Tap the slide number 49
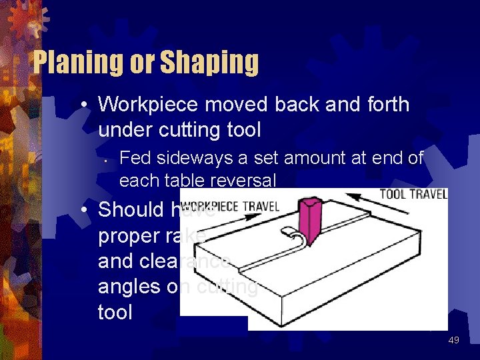(453, 340)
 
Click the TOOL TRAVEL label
(413, 194)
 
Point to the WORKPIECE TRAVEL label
(230, 207)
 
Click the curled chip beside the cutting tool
(294, 237)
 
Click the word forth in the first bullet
(384, 105)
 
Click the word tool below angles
(115, 312)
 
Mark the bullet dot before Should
(84, 211)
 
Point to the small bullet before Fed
(106, 159)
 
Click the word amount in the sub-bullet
(321, 158)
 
